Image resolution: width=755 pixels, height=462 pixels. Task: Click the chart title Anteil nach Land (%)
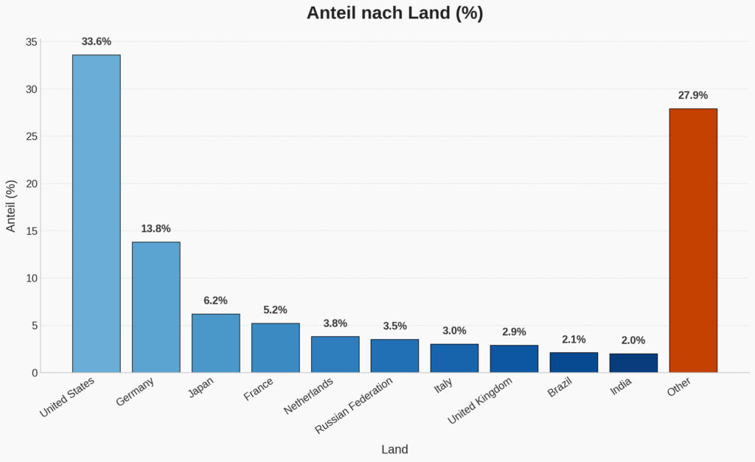click(394, 13)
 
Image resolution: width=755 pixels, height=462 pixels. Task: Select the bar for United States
click(96, 214)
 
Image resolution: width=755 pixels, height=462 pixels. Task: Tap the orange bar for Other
click(692, 240)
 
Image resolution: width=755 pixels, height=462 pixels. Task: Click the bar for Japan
click(215, 343)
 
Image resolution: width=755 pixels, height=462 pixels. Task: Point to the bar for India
click(633, 363)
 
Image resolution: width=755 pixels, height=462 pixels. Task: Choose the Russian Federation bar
click(394, 356)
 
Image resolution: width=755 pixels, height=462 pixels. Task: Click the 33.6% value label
click(96, 42)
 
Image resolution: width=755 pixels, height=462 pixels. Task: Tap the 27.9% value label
click(692, 96)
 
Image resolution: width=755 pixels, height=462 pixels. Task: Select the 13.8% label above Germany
click(156, 229)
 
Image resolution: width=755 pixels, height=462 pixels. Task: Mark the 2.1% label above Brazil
click(574, 340)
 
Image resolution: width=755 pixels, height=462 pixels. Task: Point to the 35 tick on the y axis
click(31, 42)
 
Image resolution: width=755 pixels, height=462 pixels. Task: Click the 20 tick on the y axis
click(31, 183)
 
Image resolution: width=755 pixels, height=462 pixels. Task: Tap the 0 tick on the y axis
click(34, 373)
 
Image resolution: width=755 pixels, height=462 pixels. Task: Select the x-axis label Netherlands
click(309, 396)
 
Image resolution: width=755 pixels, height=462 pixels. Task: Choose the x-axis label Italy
click(443, 385)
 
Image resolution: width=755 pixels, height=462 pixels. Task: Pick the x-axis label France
click(259, 389)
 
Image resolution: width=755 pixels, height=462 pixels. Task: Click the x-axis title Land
click(394, 449)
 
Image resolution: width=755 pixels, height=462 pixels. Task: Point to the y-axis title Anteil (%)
click(11, 206)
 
